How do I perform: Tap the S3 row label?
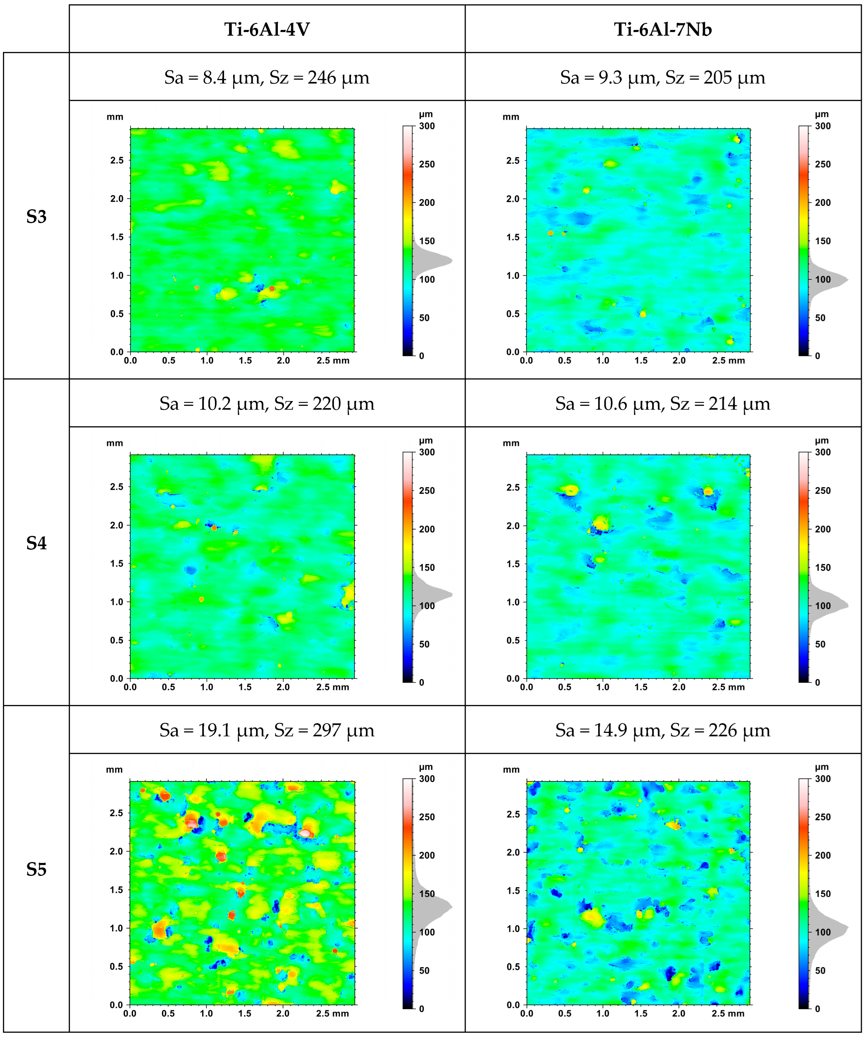coord(36,217)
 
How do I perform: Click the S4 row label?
coord(36,543)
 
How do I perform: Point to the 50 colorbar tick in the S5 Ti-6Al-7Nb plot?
coord(820,970)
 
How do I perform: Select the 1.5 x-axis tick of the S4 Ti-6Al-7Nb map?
coord(641,687)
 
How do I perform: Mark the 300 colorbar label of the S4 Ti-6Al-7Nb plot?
coord(823,452)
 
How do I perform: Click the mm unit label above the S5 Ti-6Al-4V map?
coord(114,770)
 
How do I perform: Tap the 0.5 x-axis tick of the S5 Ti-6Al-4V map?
coord(168,1013)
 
